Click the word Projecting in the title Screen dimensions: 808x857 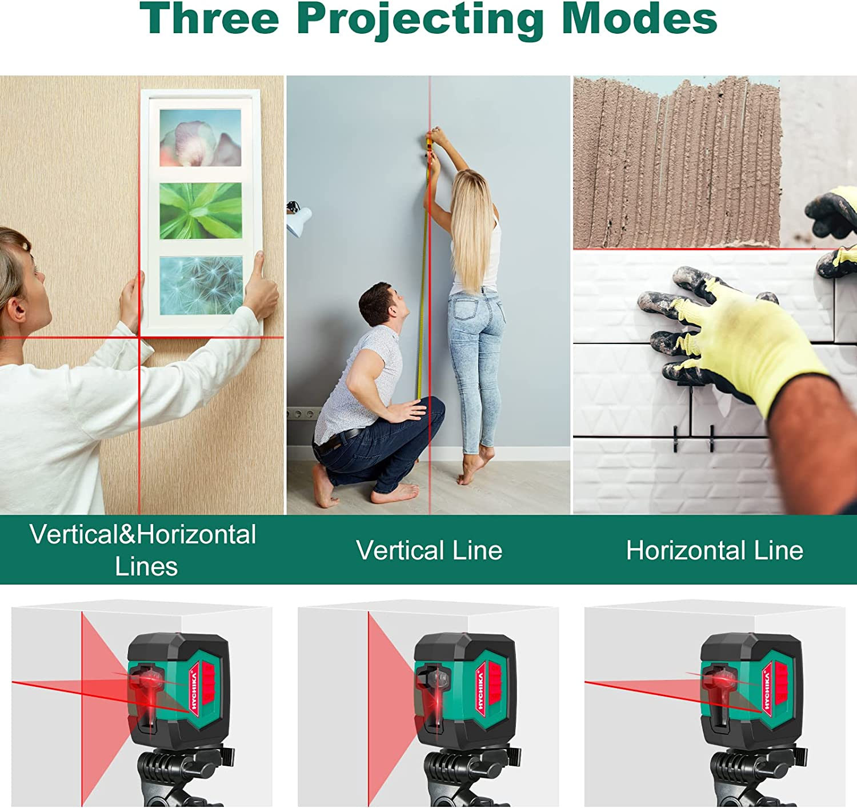420,20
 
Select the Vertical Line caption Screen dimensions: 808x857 429,550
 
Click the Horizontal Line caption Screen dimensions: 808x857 714,550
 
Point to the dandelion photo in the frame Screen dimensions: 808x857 201,285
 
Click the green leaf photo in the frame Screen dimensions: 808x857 201,211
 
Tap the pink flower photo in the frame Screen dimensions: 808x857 200,138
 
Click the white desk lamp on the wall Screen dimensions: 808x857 298,219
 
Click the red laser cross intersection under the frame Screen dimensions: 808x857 139,338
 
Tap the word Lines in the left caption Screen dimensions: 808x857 146,566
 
